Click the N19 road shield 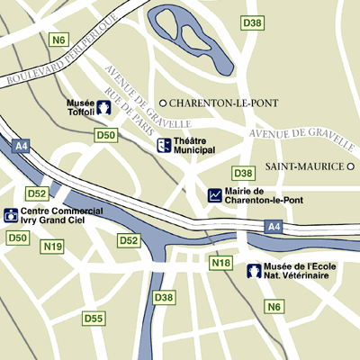pyautogui.click(x=53, y=247)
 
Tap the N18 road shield pyautogui.click(x=220, y=263)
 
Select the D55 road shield pyautogui.click(x=94, y=319)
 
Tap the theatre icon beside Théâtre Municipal pyautogui.click(x=163, y=145)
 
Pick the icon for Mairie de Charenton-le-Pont pyautogui.click(x=215, y=194)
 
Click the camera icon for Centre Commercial pyautogui.click(x=10, y=214)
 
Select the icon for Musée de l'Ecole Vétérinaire pyautogui.click(x=254, y=270)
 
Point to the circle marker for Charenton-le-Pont pyautogui.click(x=163, y=102)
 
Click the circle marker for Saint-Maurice pyautogui.click(x=351, y=166)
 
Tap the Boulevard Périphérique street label pyautogui.click(x=61, y=55)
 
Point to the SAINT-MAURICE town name pyautogui.click(x=306, y=166)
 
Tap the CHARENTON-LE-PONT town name pyautogui.click(x=214, y=102)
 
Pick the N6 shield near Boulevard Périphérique pyautogui.click(x=60, y=40)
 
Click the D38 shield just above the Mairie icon pyautogui.click(x=243, y=173)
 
